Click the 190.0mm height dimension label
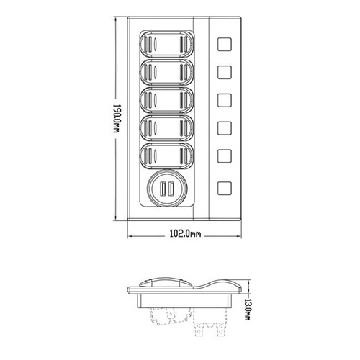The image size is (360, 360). point(117,119)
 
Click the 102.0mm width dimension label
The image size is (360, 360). point(185,233)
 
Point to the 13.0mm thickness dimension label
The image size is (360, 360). point(247,309)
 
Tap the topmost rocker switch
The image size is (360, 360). point(166,45)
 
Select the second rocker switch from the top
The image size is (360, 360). point(166,72)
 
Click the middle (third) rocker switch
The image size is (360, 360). point(166,100)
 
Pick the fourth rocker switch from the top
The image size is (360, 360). point(166,128)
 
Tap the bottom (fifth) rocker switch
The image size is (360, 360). point(166,156)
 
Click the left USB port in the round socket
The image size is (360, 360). point(163,188)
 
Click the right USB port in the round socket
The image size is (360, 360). point(171,188)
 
